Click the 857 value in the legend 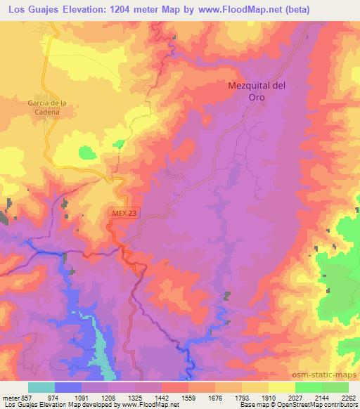(x=25, y=397)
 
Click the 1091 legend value (x=81, y=397)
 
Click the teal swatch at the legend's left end (x=41, y=387)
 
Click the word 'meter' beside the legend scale (x=10, y=397)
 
